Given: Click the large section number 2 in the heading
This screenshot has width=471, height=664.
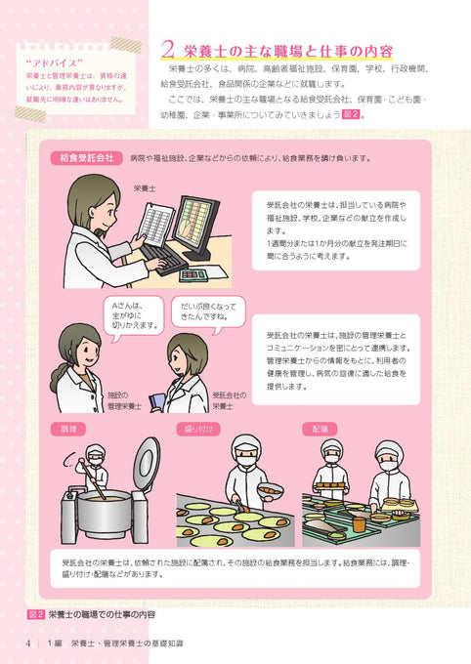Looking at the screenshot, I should [x=166, y=49].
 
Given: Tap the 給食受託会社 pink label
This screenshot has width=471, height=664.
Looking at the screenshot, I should [x=86, y=156].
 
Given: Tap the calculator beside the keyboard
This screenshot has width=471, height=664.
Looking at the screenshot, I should [x=193, y=274].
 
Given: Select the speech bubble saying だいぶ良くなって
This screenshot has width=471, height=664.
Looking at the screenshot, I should [x=202, y=312].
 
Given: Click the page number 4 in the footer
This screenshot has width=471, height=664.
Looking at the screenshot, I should [x=29, y=642].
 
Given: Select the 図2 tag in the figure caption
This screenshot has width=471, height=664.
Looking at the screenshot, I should [x=35, y=614].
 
